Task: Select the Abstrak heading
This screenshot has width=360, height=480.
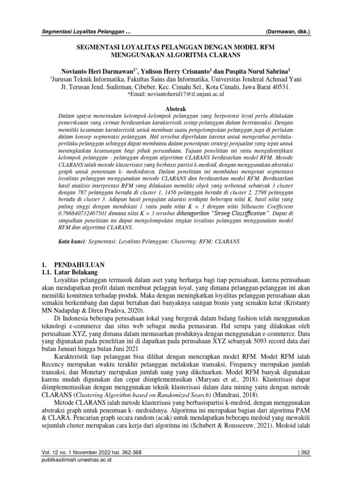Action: [180, 108]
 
